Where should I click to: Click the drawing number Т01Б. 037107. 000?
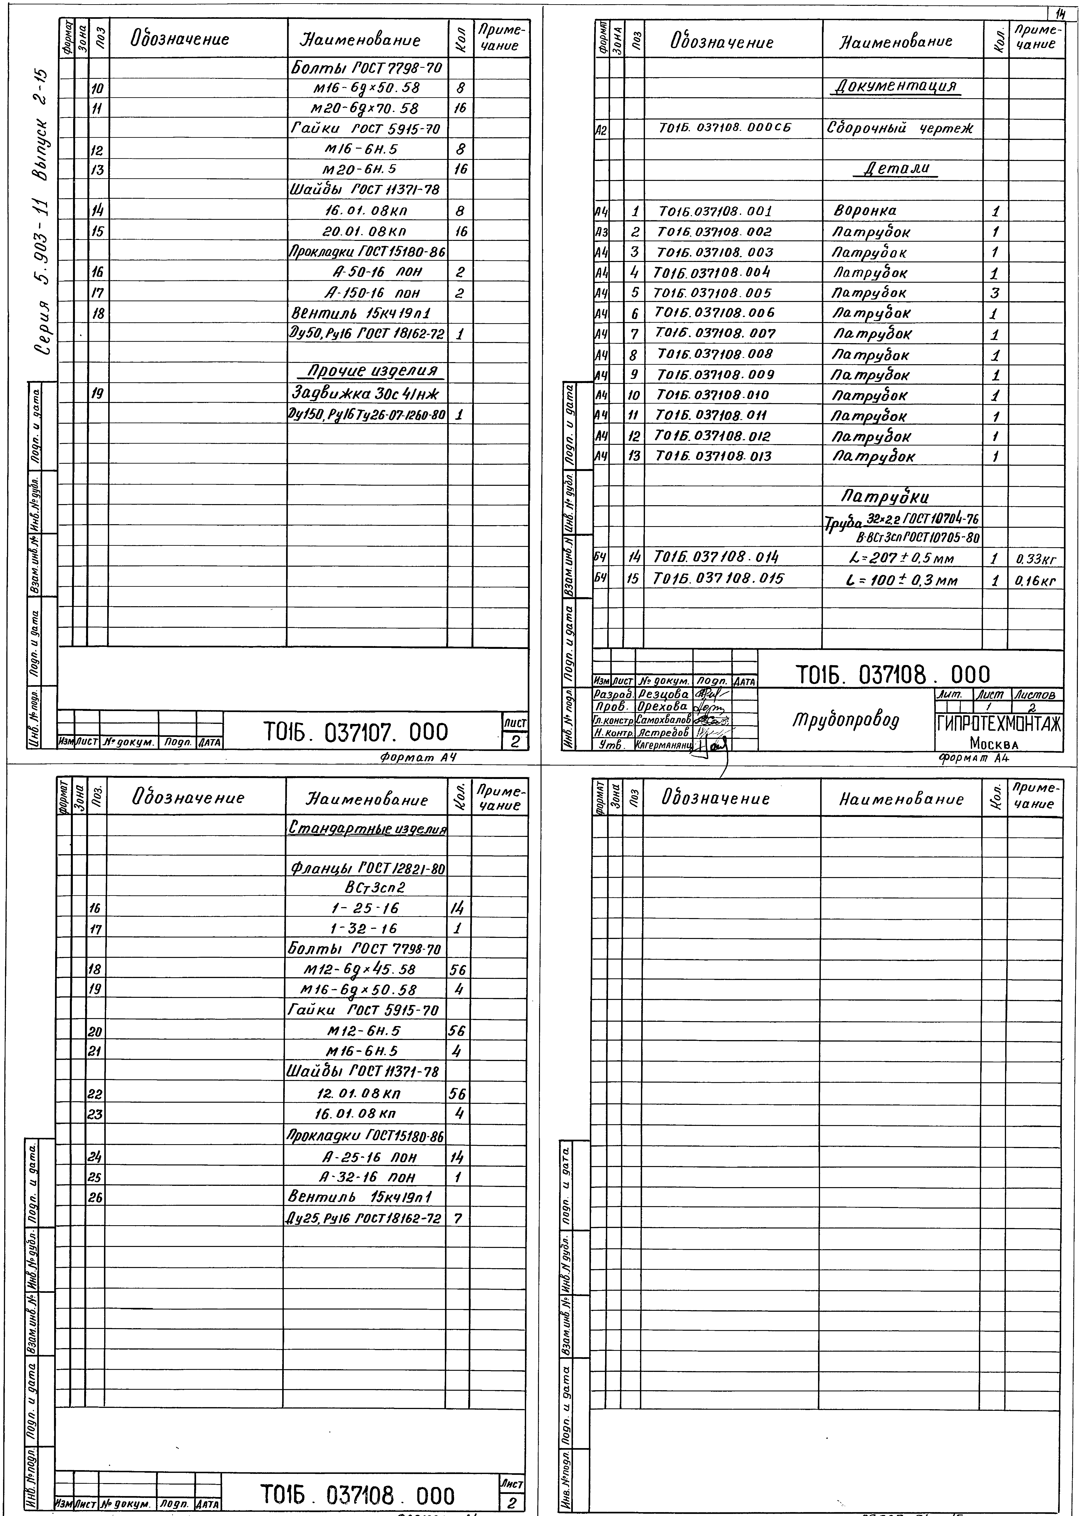(x=356, y=732)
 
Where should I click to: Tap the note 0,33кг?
(x=1035, y=559)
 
